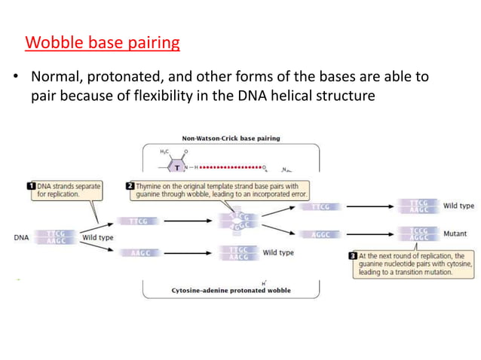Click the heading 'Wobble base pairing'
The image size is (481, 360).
click(x=103, y=41)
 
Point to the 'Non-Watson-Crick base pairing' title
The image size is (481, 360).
click(x=231, y=139)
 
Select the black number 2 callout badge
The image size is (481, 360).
click(x=130, y=185)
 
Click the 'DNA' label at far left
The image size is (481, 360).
click(x=23, y=236)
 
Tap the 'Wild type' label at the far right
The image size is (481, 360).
click(x=458, y=206)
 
